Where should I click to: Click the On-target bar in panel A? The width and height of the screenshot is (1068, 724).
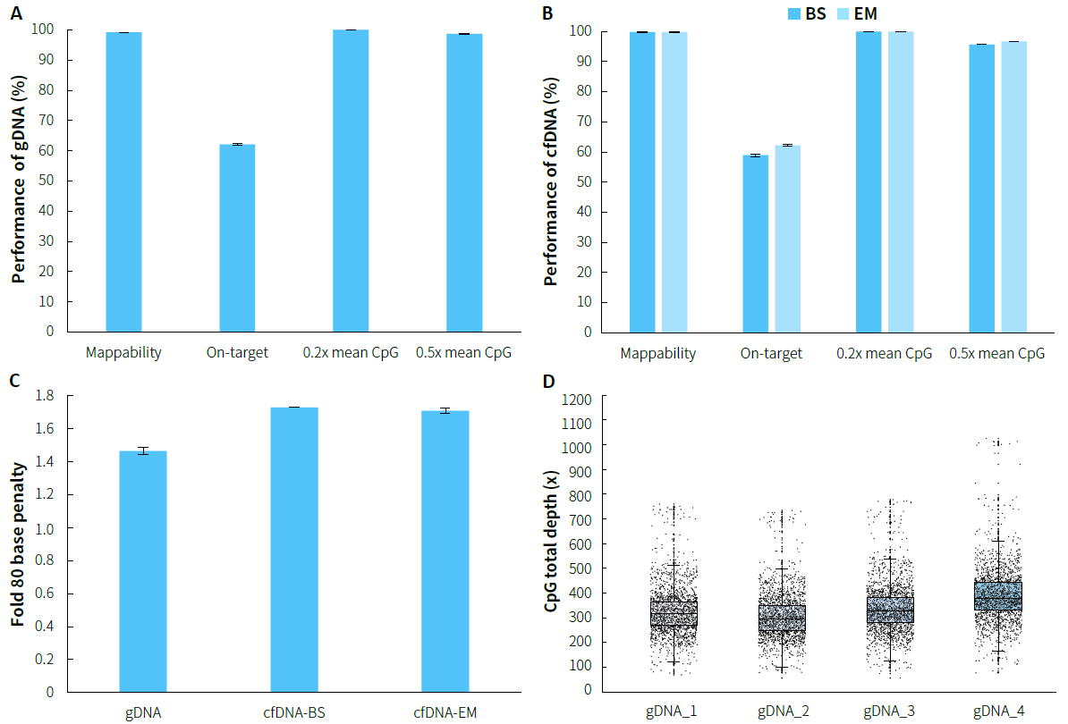pos(237,237)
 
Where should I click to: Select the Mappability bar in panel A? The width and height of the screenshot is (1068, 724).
pos(123,181)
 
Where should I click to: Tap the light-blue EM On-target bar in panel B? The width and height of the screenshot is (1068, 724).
pos(787,238)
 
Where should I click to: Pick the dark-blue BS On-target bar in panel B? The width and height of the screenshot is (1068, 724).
pos(756,243)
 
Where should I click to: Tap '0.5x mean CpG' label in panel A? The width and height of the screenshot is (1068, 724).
pos(463,352)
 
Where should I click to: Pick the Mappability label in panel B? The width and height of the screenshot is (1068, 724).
pos(658,353)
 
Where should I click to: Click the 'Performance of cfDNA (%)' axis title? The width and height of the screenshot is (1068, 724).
pos(552,181)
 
